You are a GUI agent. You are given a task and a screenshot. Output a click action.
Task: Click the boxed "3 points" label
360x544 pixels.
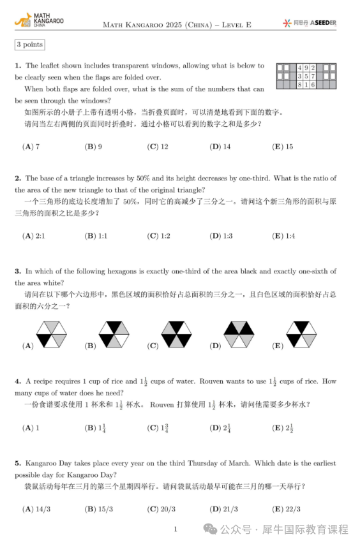29,45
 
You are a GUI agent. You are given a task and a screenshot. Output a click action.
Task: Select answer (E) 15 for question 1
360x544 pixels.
282,147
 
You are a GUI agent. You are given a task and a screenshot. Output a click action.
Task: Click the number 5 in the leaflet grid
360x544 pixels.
306,76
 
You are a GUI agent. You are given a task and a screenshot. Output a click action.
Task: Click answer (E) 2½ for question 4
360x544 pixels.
283,427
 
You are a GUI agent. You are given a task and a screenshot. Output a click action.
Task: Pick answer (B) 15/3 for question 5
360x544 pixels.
98,509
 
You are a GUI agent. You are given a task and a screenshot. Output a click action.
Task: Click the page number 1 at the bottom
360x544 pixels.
176,529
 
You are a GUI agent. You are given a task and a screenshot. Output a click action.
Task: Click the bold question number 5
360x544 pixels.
18,463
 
